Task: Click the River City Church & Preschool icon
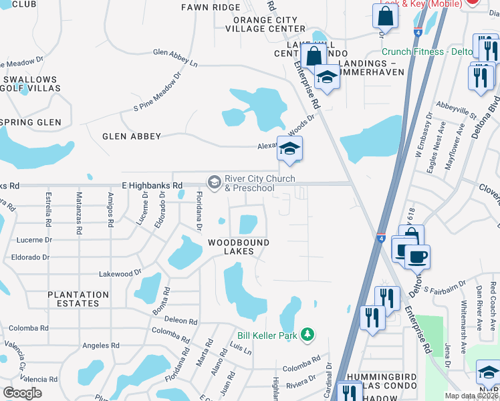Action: coord(214,182)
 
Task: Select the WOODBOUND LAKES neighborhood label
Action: coord(238,247)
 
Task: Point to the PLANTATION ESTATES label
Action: coord(78,299)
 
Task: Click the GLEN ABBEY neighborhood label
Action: coord(132,136)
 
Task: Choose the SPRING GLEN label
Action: coord(31,123)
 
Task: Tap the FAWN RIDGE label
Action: coord(211,7)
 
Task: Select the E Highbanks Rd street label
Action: coord(152,185)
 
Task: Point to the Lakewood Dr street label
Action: coord(116,273)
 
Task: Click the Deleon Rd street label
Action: coord(180,320)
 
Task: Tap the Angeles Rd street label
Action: coord(100,346)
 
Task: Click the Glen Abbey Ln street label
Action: coord(175,57)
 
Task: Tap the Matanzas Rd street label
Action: coord(79,211)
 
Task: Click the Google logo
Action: coord(22,393)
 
